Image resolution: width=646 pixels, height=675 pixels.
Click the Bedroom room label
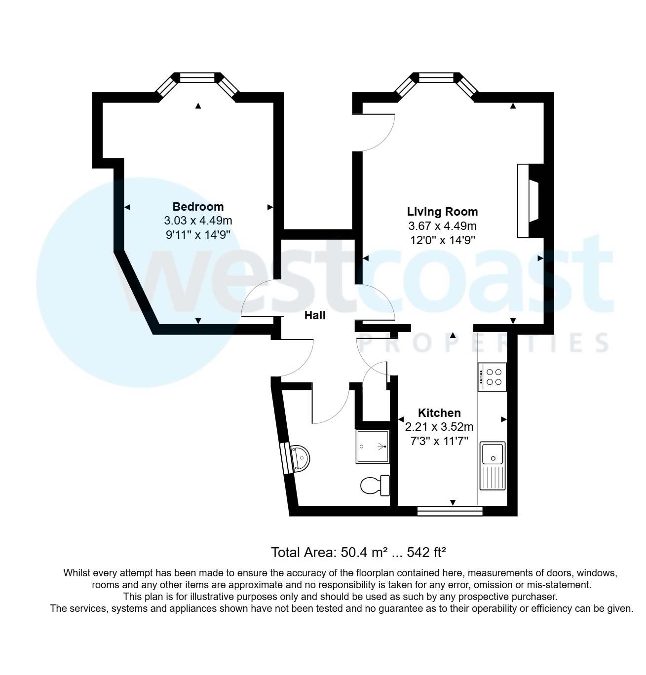[198, 207]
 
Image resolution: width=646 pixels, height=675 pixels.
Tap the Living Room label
[442, 212]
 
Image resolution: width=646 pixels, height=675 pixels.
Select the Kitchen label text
[439, 413]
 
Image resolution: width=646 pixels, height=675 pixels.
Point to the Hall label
[315, 315]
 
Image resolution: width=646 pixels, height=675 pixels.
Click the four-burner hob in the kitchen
[492, 377]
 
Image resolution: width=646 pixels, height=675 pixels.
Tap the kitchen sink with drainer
[493, 465]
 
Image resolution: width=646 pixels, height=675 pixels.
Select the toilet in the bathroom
[375, 485]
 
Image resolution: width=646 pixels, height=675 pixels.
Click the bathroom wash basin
[301, 458]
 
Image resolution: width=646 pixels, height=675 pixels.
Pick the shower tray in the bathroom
[372, 447]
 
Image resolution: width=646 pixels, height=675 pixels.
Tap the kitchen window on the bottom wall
[450, 511]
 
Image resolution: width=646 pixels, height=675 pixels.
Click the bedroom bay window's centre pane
[197, 77]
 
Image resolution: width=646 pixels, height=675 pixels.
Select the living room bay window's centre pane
[436, 77]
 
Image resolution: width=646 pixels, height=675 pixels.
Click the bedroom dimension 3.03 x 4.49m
[198, 221]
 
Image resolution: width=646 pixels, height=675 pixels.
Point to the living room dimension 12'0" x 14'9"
[442, 240]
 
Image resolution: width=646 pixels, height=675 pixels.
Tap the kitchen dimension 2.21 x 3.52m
[439, 427]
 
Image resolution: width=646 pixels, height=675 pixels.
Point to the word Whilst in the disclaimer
[76, 573]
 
